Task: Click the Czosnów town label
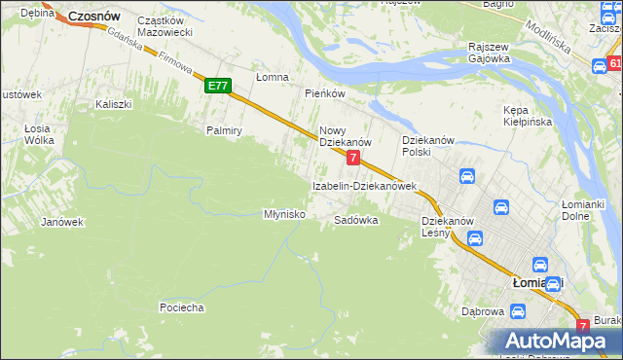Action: point(93,17)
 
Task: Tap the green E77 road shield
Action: point(217,86)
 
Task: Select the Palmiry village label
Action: point(223,129)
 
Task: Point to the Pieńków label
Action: point(325,93)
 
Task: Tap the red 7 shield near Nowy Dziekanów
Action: point(353,157)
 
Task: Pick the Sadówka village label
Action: point(355,220)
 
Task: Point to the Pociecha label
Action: point(181,307)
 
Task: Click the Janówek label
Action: point(61,222)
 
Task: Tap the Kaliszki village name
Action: point(113,103)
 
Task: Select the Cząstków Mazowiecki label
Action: point(165,26)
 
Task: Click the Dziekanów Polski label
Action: point(430,146)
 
